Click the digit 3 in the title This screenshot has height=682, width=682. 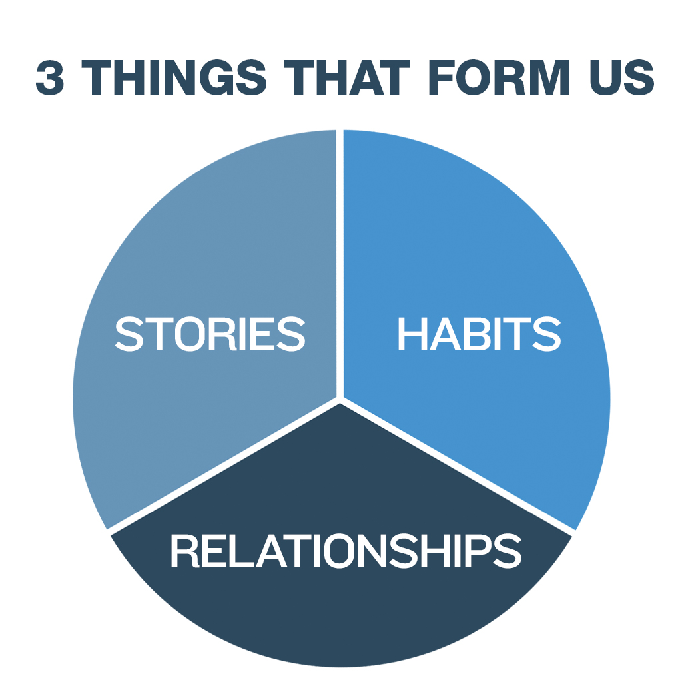(50, 77)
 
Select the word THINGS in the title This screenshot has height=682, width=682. (174, 77)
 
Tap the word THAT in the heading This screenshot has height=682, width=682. (346, 77)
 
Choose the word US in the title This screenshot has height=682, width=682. (622, 77)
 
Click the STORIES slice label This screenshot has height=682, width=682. (210, 334)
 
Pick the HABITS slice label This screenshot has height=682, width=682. (480, 334)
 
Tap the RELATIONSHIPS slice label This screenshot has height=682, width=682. (346, 551)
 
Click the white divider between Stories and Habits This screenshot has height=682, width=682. (340, 264)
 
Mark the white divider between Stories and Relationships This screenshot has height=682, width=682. (224, 466)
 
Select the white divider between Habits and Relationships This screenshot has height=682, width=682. (458, 466)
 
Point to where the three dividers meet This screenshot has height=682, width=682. (340, 400)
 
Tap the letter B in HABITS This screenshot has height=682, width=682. (480, 334)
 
